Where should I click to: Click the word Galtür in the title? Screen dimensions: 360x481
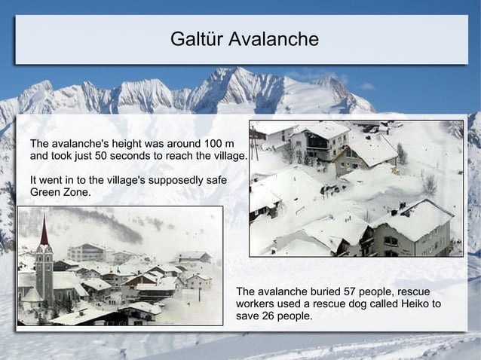click(x=195, y=39)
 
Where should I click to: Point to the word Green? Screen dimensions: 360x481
click(x=46, y=194)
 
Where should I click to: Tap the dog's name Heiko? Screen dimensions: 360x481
click(x=406, y=304)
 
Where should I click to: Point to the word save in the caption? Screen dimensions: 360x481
click(x=249, y=316)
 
